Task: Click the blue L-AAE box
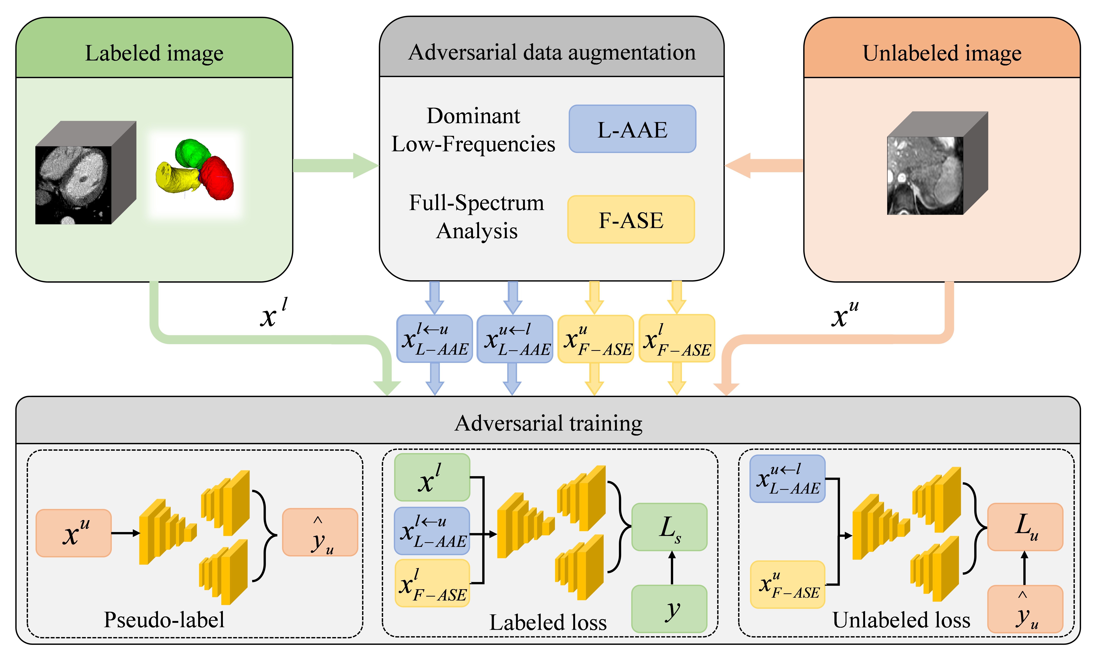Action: [x=632, y=129]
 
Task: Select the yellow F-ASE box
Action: [x=631, y=219]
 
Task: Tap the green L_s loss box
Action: [x=669, y=527]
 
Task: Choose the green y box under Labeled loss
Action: [x=669, y=609]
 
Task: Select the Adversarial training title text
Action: [x=548, y=423]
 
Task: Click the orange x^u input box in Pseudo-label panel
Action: [x=74, y=533]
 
